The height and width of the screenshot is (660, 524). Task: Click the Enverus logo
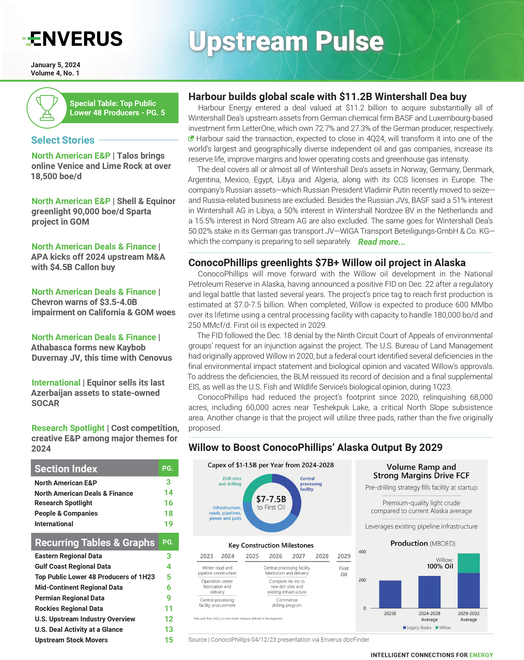click(73, 39)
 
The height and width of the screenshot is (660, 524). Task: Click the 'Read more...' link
click(381, 242)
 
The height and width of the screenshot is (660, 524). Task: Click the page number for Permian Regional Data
click(169, 598)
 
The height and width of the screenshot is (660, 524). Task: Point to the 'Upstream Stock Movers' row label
click(71, 640)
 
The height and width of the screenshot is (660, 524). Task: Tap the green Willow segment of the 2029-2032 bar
click(468, 563)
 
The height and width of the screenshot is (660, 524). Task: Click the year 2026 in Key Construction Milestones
click(276, 556)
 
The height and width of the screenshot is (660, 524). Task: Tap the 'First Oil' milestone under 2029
click(344, 571)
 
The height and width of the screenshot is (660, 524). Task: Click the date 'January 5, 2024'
click(55, 65)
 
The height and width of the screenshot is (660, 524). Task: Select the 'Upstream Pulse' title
click(286, 41)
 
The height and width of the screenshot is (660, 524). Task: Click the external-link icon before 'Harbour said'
click(191, 139)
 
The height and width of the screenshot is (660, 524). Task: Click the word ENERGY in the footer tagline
click(481, 655)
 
